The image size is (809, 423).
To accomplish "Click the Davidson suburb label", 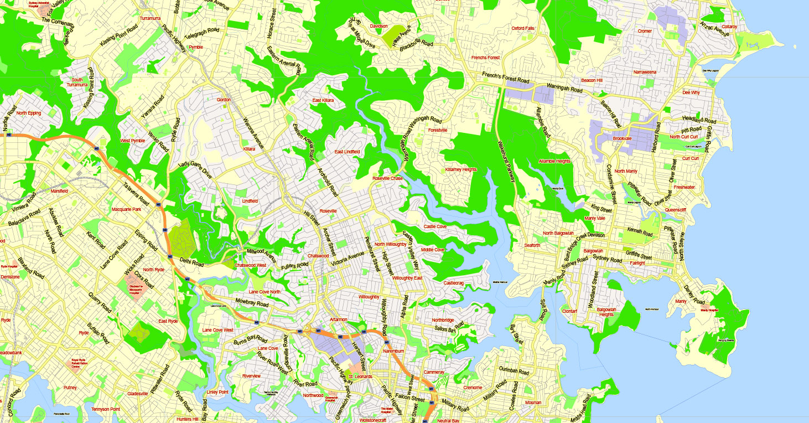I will [x=379, y=26].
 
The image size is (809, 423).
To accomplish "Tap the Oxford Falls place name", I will [x=522, y=28].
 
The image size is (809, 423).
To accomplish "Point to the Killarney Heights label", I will [x=461, y=170].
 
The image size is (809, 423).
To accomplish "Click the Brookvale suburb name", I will [x=623, y=138].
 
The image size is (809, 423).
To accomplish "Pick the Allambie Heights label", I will [x=554, y=162].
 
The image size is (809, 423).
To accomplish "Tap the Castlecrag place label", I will [x=454, y=283].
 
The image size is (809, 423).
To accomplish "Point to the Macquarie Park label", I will [x=127, y=209].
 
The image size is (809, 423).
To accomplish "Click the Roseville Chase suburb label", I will [x=388, y=179].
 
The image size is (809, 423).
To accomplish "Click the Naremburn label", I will [x=394, y=351].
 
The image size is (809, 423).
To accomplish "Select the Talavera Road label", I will [x=136, y=194].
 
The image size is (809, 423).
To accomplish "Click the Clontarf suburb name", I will [x=569, y=311].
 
